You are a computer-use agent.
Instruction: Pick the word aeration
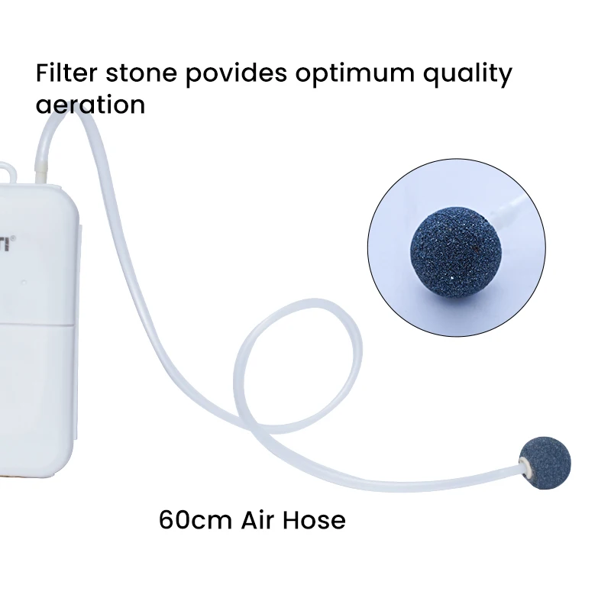coord(90,103)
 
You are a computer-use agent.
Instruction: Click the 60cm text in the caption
coord(196,520)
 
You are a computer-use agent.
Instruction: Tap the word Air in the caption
coord(258,520)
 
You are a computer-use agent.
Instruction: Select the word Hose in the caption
coord(315,520)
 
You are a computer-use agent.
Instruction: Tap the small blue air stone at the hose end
coord(548,464)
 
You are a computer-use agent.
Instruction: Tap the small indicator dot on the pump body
coord(24,282)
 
